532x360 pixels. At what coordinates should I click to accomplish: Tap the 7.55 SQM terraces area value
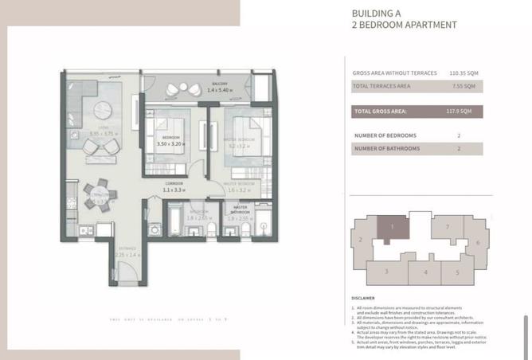coord(464,86)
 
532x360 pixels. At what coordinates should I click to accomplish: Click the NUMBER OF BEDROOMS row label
coord(386,135)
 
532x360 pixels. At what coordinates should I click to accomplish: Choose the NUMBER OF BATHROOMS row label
coord(387,148)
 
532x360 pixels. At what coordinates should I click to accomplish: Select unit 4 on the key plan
coord(426,272)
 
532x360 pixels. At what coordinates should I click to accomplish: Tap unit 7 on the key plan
coord(448,227)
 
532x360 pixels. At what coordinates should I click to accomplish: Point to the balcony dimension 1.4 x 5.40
coord(219,90)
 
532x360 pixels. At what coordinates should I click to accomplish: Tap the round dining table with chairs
coord(100,195)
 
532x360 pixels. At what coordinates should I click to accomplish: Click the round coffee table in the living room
coord(106,112)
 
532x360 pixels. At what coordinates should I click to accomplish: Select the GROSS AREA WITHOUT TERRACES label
coord(395,73)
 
